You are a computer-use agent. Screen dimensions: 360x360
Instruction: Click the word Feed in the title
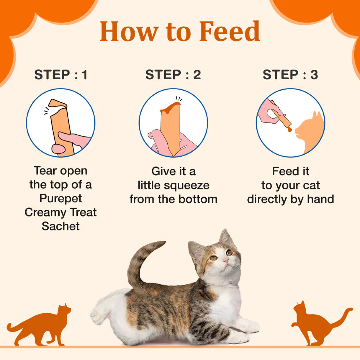click(x=229, y=31)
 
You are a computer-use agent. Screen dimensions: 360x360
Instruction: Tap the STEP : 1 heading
click(x=61, y=75)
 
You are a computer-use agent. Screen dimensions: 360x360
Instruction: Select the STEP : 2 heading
click(x=173, y=75)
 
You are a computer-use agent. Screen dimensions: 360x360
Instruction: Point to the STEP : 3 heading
click(x=291, y=75)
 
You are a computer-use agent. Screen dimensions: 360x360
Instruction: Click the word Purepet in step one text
click(x=61, y=198)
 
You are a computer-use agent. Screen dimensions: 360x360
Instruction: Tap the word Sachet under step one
click(x=61, y=226)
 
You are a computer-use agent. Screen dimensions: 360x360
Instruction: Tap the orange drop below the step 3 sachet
click(x=289, y=131)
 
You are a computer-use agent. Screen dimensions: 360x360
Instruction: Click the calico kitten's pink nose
click(x=226, y=260)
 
